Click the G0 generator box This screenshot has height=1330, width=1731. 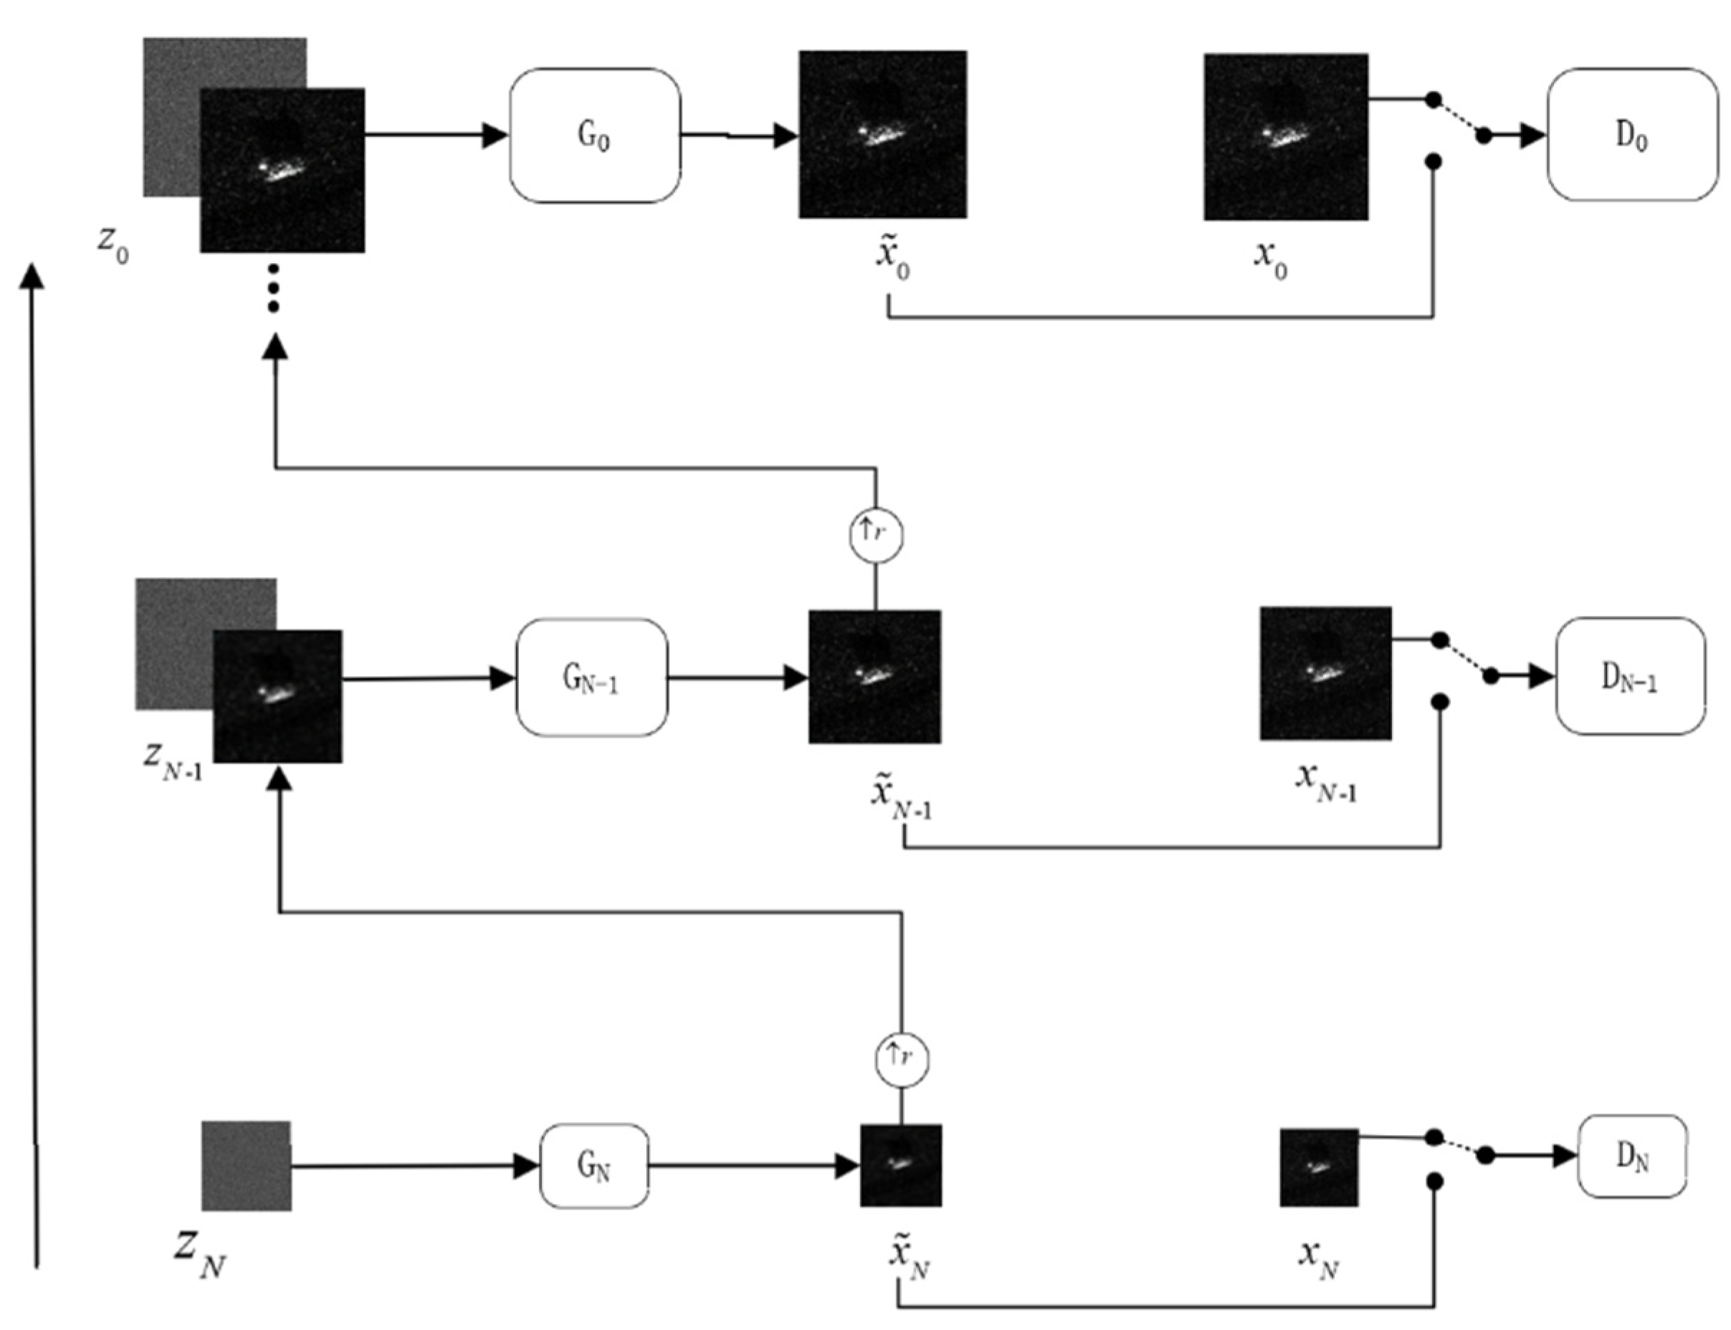593,136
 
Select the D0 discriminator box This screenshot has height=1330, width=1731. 1631,135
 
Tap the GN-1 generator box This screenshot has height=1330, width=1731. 591,678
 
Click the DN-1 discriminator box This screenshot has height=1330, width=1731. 1629,677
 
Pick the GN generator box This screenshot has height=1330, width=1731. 593,1165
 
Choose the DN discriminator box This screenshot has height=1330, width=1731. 1631,1157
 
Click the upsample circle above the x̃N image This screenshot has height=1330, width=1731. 902,1059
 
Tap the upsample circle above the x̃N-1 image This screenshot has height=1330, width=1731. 875,535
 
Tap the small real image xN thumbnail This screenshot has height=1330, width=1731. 1318,1167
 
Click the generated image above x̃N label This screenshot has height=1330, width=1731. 901,1164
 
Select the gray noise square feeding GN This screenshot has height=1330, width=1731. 246,1165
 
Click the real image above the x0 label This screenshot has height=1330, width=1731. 1285,136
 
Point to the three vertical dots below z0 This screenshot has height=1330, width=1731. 273,288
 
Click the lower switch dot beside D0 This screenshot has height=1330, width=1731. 1433,162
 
